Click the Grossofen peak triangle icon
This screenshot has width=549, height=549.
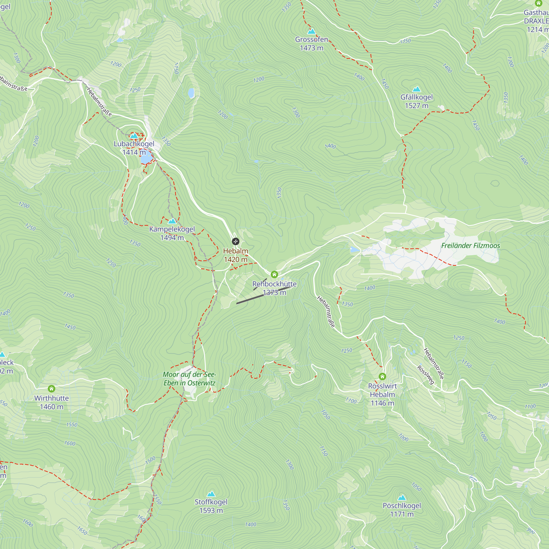click(x=312, y=31)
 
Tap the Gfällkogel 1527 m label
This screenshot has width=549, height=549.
click(x=416, y=102)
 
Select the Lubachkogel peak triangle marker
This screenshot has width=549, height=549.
click(x=134, y=136)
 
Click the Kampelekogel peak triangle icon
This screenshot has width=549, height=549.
click(x=172, y=221)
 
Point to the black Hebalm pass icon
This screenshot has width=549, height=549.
click(x=236, y=242)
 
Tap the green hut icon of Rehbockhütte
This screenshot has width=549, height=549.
click(x=274, y=274)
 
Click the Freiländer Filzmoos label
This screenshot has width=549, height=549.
click(x=470, y=245)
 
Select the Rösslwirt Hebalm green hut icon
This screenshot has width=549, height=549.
click(x=382, y=377)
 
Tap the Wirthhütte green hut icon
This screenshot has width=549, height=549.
click(x=51, y=389)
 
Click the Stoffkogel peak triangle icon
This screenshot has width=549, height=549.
click(x=211, y=494)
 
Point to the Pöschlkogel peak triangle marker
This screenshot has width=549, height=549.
click(x=402, y=498)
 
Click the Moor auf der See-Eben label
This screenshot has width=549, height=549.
click(x=189, y=379)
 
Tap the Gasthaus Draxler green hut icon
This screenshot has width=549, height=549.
click(x=539, y=3)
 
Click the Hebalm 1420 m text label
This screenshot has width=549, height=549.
click(x=236, y=255)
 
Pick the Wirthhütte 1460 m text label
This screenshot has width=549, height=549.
click(x=51, y=402)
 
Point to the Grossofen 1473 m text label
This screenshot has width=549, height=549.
click(x=312, y=44)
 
